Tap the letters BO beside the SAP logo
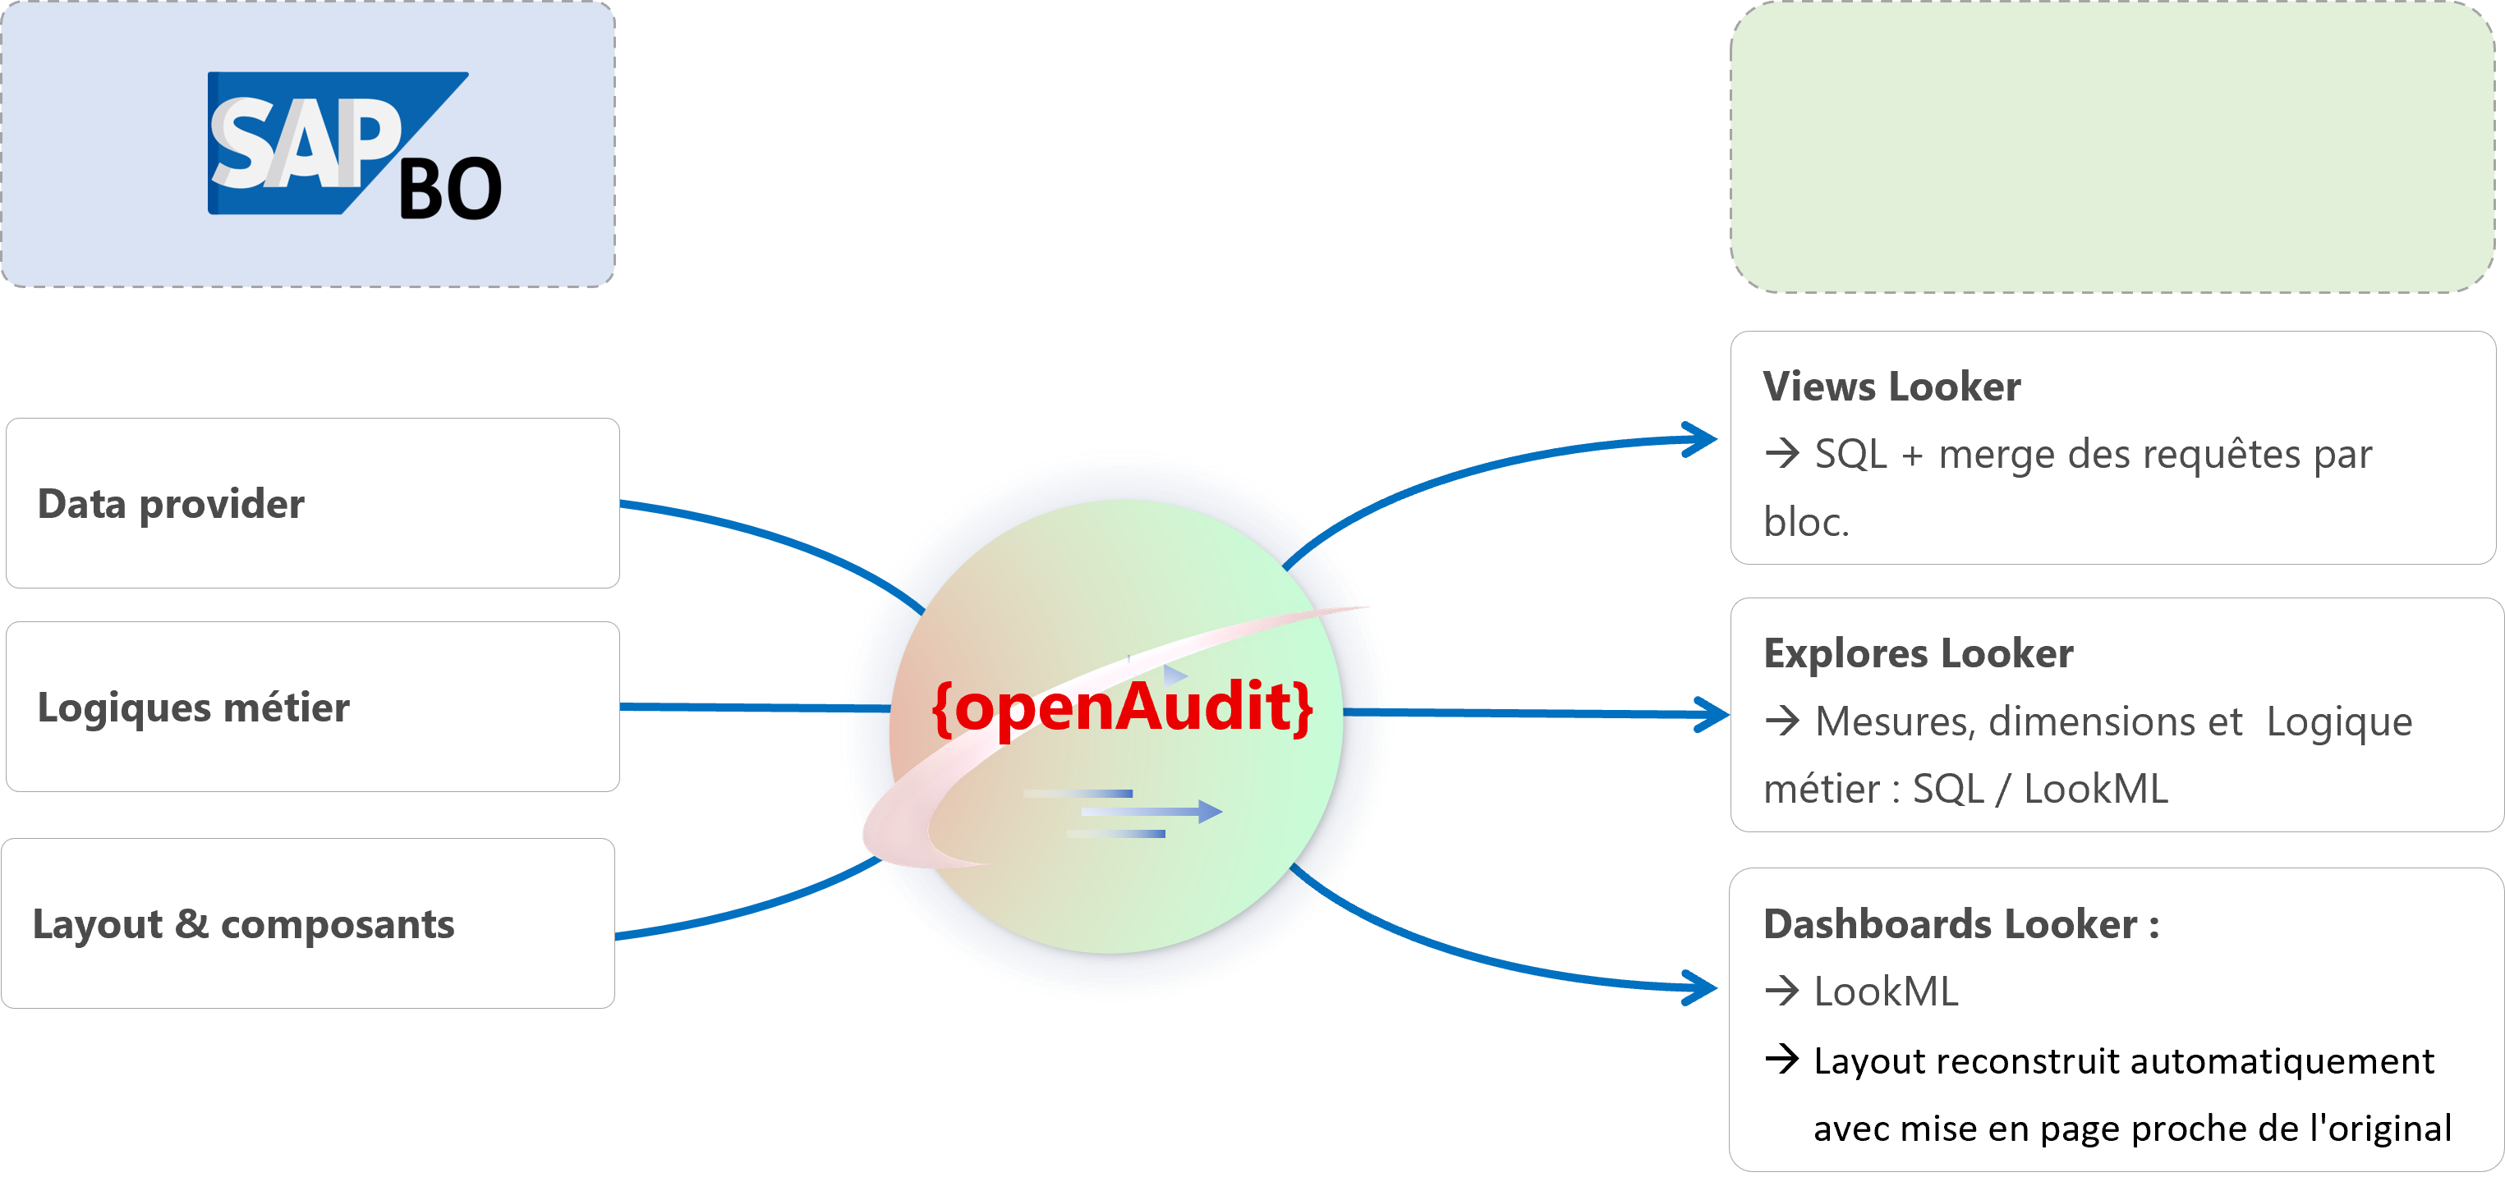pyautogui.click(x=450, y=190)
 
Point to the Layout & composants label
pyautogui.click(x=243, y=924)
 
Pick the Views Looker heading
pyautogui.click(x=1891, y=386)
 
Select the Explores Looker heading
pyautogui.click(x=1918, y=653)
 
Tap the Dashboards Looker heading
pyautogui.click(x=1960, y=923)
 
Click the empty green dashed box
pyautogui.click(x=2112, y=147)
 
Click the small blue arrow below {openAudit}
pyautogui.click(x=1151, y=811)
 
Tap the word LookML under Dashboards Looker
pyautogui.click(x=1886, y=992)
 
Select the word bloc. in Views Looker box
pyautogui.click(x=1806, y=522)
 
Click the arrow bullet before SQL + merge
pyautogui.click(x=1781, y=454)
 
